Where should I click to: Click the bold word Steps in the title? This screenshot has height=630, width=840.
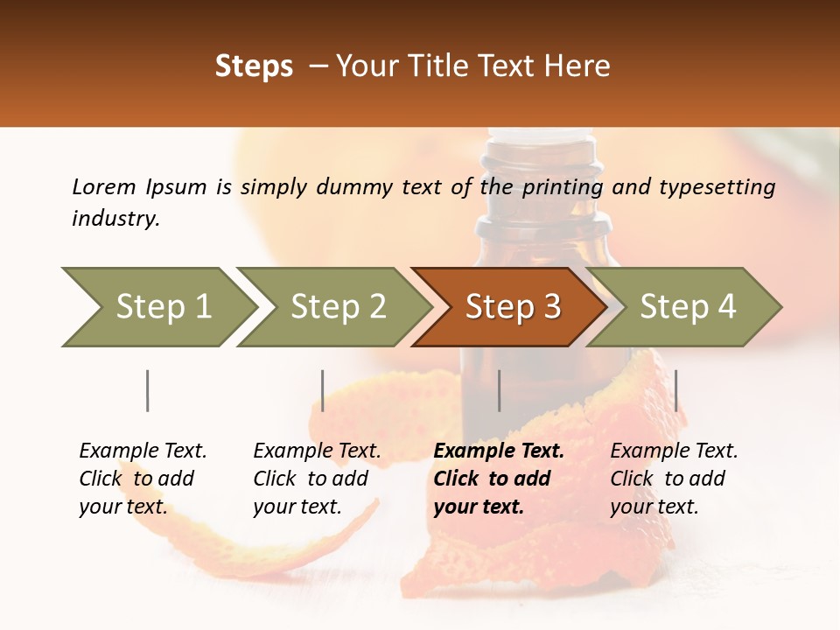point(254,66)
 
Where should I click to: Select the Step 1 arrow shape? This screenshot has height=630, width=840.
point(157,307)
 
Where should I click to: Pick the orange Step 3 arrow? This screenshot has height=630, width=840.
point(510,307)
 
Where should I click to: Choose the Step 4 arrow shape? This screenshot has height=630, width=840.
point(685,307)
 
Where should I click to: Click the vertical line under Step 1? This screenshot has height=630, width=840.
point(148,390)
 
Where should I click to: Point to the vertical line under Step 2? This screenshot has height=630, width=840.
point(323,390)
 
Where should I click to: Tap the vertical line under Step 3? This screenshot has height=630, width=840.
point(499,390)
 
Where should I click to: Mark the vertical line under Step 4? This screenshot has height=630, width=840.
point(675,390)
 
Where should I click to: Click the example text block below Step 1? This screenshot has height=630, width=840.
point(143,479)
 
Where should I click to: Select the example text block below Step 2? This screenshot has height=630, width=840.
point(317,479)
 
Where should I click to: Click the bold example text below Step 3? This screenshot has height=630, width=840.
point(498,479)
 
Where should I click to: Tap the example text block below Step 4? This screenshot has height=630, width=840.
point(673,479)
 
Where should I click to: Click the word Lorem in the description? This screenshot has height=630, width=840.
point(104,186)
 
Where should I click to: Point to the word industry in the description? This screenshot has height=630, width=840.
point(115,219)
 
